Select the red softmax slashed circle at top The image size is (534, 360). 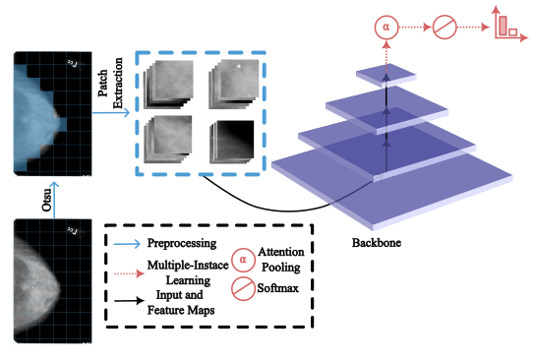(x=445, y=27)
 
